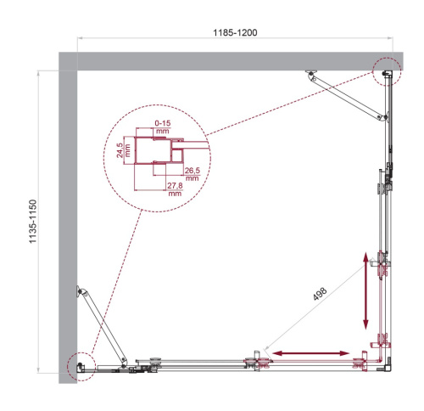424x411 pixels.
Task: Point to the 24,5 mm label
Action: [x=122, y=149]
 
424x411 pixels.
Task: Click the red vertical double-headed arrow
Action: [x=366, y=290]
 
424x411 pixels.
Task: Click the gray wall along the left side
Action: [x=67, y=221]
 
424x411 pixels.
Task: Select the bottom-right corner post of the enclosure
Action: [x=387, y=363]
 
